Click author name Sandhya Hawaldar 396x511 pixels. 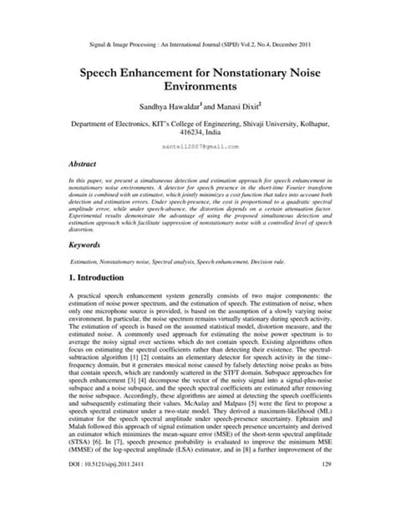(162, 107)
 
